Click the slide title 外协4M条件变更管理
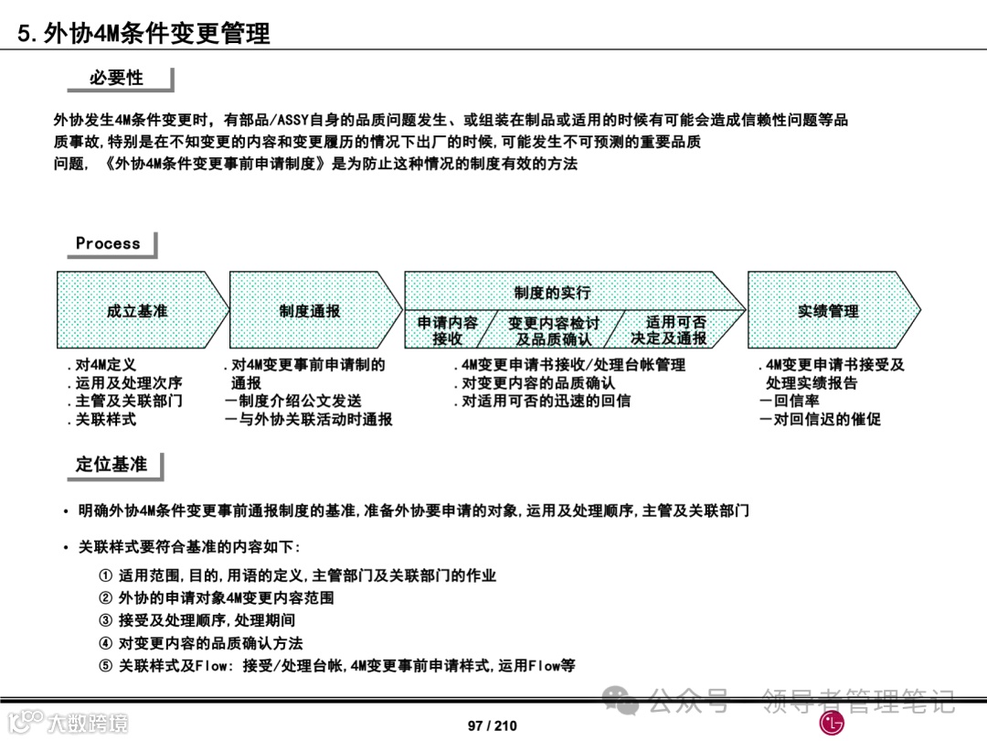[x=144, y=34]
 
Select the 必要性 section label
[x=117, y=79]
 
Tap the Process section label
[x=109, y=243]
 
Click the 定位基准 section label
[x=111, y=465]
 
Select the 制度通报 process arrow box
[x=311, y=311]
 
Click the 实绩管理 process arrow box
[x=828, y=311]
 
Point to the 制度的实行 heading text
[x=552, y=293]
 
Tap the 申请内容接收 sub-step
[x=448, y=330]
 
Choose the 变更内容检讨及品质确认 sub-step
[x=554, y=331]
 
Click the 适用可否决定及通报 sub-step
[x=669, y=330]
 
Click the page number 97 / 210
[x=493, y=725]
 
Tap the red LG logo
[x=833, y=725]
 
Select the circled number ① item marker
[x=106, y=576]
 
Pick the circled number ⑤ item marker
[x=106, y=666]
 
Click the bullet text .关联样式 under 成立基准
[x=101, y=420]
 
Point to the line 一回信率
[x=789, y=401]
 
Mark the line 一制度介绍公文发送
[x=292, y=401]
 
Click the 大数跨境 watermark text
[x=88, y=723]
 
